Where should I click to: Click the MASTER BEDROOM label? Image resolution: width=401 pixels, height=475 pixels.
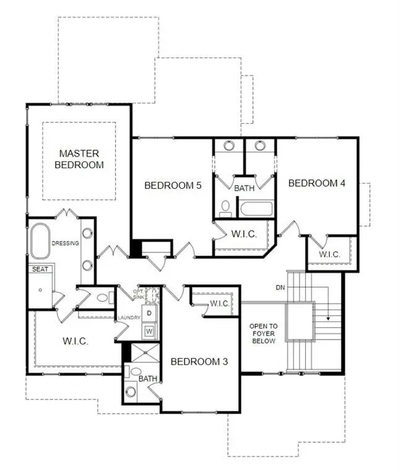coord(79,159)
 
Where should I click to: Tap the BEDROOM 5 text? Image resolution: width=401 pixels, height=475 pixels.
coord(173,185)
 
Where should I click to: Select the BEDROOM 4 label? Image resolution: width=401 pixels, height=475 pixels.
coord(316,183)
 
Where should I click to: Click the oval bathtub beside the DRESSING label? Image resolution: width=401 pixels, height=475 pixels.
coord(41,241)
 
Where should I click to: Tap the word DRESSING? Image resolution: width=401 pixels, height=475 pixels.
coord(66,243)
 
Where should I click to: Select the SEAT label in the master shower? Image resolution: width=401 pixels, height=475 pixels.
coord(40,268)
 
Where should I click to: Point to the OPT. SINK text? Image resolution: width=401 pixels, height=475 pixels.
coord(139,293)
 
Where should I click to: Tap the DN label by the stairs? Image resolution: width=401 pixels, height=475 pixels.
coord(280,288)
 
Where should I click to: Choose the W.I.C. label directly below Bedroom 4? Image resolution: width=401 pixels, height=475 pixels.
coord(329,254)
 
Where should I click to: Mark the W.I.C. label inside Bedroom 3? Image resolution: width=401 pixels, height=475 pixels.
coord(220,303)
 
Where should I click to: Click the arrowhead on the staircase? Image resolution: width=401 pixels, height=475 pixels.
coord(327,319)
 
